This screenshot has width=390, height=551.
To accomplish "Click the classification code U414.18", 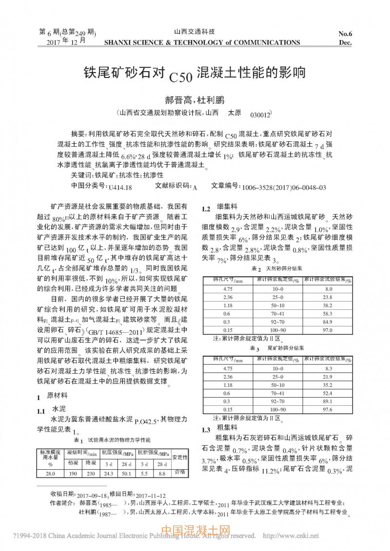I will point(120,187).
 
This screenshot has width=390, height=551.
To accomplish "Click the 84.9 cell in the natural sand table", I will point(328,322).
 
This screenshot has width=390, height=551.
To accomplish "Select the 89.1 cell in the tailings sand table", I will point(328,401).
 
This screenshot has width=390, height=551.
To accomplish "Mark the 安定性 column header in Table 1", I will point(180,457).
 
